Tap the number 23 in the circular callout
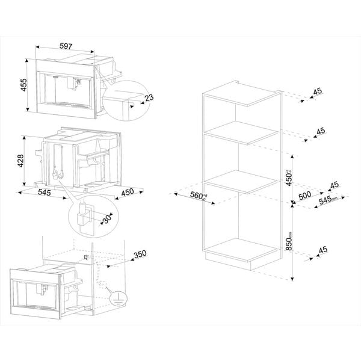tap(149, 97)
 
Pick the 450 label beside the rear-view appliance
tap(128, 193)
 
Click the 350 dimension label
tap(140, 255)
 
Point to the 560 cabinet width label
tap(196, 195)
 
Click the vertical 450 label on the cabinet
tap(289, 177)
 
